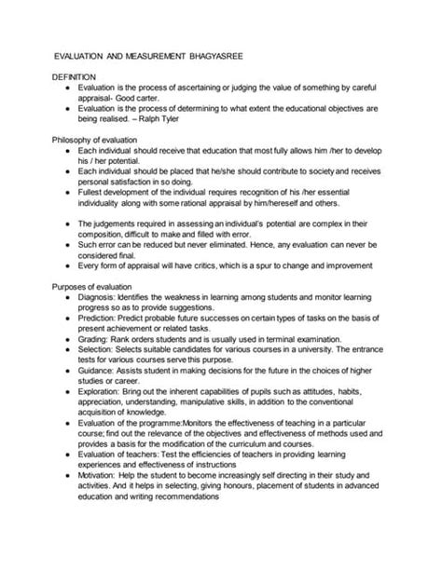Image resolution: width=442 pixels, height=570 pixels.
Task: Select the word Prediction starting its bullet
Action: click(100, 318)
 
